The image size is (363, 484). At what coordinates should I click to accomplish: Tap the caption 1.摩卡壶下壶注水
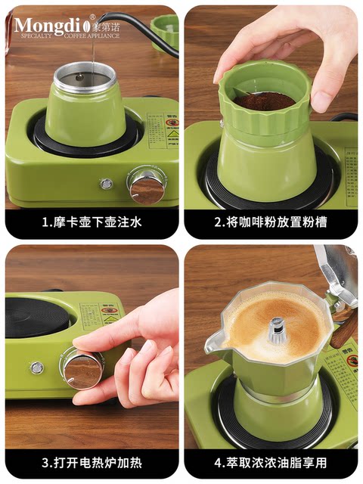(92, 223)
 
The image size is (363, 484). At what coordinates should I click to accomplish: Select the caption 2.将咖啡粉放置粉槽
(271, 223)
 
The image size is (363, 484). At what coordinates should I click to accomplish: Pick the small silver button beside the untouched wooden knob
(107, 184)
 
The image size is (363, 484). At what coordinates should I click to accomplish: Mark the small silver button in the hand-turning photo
(36, 368)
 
